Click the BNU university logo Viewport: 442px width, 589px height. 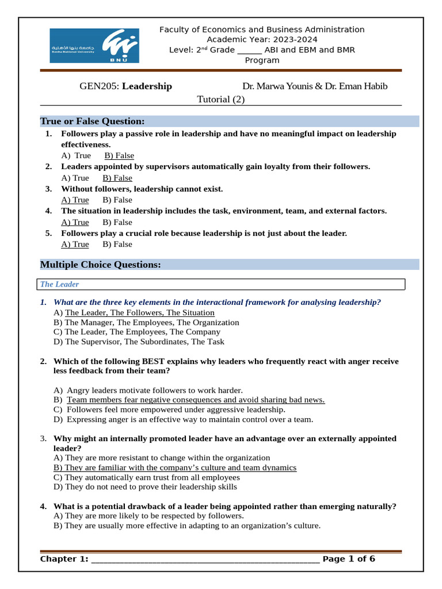(x=94, y=45)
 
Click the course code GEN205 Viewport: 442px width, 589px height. (x=99, y=86)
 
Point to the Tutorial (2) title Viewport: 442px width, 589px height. (x=221, y=100)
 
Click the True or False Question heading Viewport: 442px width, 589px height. (x=92, y=121)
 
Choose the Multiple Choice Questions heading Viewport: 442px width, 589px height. (x=100, y=265)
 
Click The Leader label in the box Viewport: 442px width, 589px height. (x=59, y=284)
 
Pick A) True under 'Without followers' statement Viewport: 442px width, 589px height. (x=75, y=200)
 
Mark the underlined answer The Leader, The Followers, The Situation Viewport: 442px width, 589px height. (x=139, y=313)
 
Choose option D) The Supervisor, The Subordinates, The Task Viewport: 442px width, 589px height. (x=139, y=342)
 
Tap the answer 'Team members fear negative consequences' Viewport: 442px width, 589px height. (x=196, y=400)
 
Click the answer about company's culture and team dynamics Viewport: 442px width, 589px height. (x=174, y=468)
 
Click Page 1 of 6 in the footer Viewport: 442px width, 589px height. (x=349, y=559)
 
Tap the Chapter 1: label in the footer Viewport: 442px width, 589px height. (x=64, y=559)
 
